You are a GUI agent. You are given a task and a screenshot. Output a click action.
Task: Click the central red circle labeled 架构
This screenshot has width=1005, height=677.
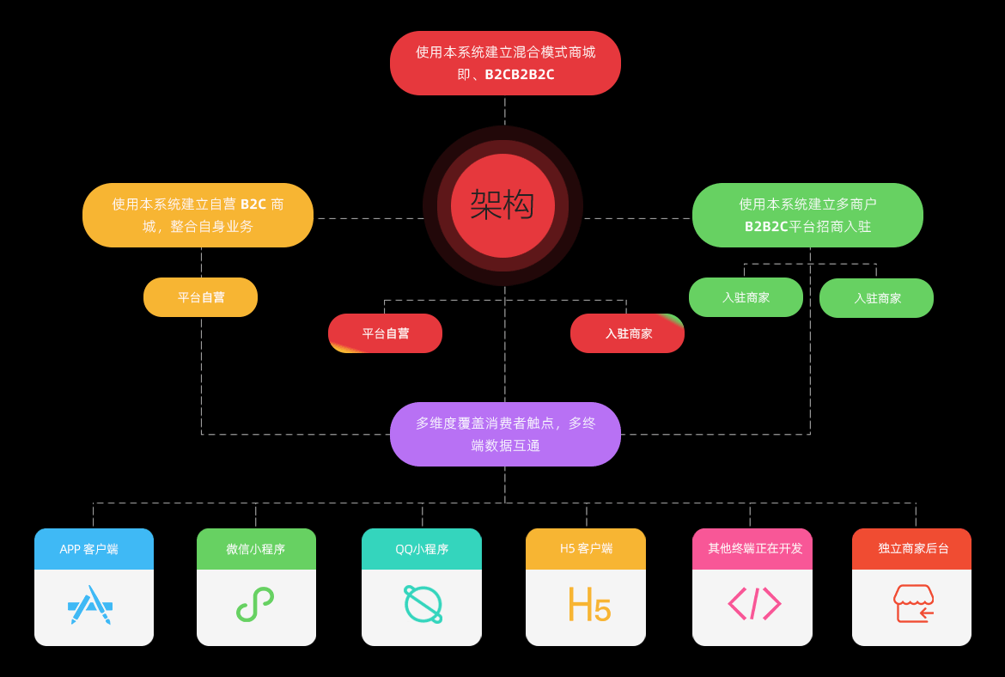tap(502, 205)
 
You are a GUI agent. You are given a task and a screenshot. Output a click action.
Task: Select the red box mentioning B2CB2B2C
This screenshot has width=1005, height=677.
tap(505, 64)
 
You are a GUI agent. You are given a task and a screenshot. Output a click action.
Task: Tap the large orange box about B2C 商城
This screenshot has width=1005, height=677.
tap(198, 215)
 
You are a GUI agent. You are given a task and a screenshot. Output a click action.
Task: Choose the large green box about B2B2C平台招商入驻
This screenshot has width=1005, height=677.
tap(807, 215)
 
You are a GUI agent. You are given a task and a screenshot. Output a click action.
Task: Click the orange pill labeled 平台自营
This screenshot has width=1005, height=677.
tap(200, 297)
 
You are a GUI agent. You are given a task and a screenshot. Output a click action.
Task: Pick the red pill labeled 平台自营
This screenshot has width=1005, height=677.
tap(385, 333)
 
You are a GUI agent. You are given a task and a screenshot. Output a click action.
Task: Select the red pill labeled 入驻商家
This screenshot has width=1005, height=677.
tap(627, 333)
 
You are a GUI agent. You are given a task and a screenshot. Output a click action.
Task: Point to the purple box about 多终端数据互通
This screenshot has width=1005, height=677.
tap(505, 434)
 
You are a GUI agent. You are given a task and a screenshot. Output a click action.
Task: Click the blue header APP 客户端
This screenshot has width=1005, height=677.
tap(94, 549)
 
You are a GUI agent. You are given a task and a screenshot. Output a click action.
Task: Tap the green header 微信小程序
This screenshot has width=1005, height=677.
tap(256, 549)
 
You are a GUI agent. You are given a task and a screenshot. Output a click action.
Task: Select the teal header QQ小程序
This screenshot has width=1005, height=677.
tap(422, 549)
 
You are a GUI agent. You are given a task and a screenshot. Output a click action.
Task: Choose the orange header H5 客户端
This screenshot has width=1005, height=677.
tap(586, 549)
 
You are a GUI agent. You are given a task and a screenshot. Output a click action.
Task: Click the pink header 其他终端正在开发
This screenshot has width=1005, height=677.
tap(752, 549)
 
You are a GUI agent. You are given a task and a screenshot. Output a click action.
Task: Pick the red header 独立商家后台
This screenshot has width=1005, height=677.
tap(911, 549)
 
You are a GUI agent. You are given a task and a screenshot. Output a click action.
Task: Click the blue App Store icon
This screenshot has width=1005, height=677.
tap(90, 605)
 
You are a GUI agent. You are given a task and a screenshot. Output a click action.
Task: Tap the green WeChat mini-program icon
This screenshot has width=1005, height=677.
tap(255, 604)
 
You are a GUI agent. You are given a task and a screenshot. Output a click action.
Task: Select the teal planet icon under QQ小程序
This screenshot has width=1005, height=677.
tap(423, 604)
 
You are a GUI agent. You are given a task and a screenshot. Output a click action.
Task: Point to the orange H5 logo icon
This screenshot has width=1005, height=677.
tap(589, 605)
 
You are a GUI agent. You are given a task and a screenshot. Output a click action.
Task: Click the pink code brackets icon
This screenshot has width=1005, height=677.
tap(754, 603)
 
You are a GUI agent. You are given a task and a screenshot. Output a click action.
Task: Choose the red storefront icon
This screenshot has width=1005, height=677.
tap(913, 603)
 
